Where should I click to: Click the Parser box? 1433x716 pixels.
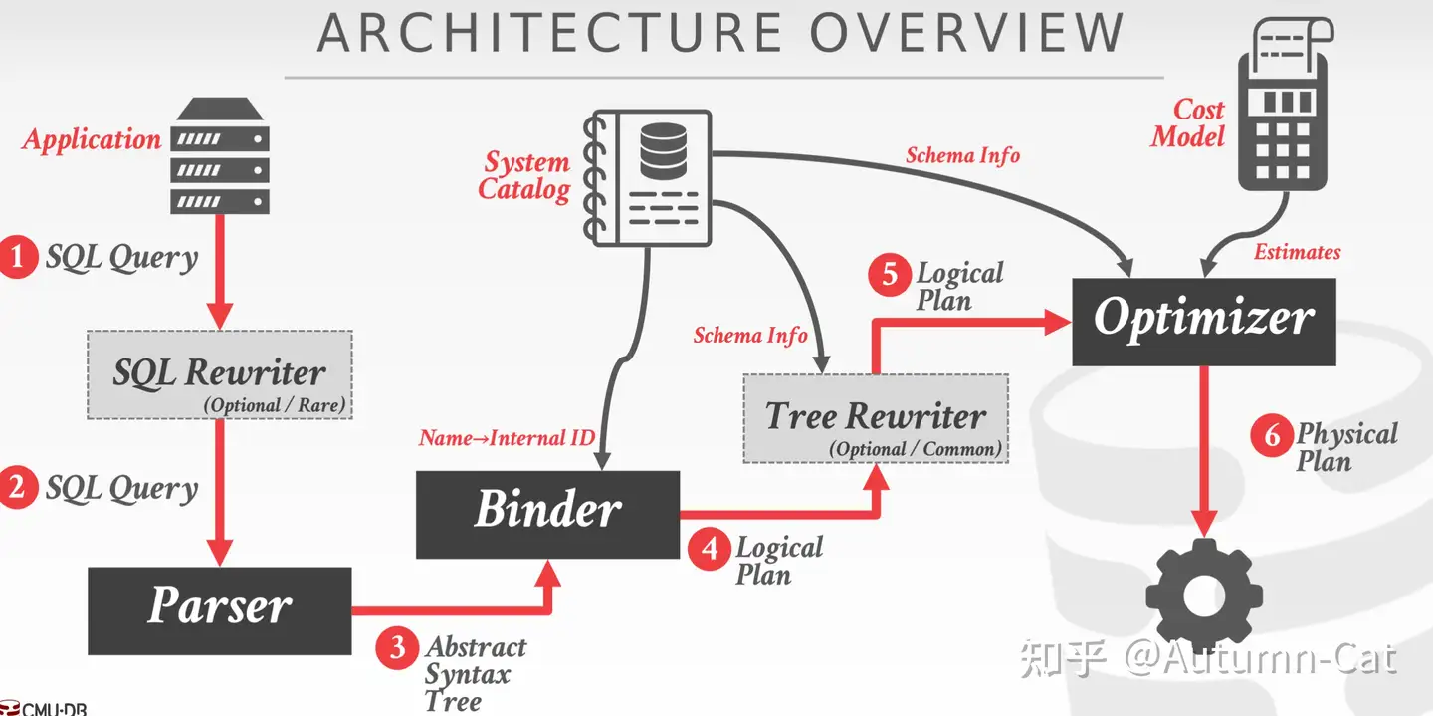(219, 610)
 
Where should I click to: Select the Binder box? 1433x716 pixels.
(547, 514)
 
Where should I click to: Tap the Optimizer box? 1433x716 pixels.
(1204, 322)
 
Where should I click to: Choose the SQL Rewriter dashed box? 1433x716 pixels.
(219, 374)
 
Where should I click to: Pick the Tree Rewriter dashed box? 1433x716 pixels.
(876, 418)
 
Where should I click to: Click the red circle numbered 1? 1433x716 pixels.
(17, 257)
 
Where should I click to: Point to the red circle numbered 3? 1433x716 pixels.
(397, 647)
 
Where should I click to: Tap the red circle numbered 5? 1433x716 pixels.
(890, 275)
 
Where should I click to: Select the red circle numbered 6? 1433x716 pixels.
(1272, 435)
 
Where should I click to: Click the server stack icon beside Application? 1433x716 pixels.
(219, 155)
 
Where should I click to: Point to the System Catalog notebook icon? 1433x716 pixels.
(648, 178)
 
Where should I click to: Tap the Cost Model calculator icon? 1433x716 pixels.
(1285, 104)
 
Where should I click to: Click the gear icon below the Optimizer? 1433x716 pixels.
(1204, 597)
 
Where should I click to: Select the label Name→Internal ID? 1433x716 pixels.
(507, 438)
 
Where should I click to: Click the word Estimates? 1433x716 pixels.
(1297, 252)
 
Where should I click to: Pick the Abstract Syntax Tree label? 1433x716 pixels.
(476, 674)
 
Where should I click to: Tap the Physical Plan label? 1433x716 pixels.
(1346, 447)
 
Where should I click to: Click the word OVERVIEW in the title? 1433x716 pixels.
(966, 32)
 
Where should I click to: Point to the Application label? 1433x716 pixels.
(92, 139)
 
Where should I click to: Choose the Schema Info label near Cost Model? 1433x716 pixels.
(963, 155)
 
